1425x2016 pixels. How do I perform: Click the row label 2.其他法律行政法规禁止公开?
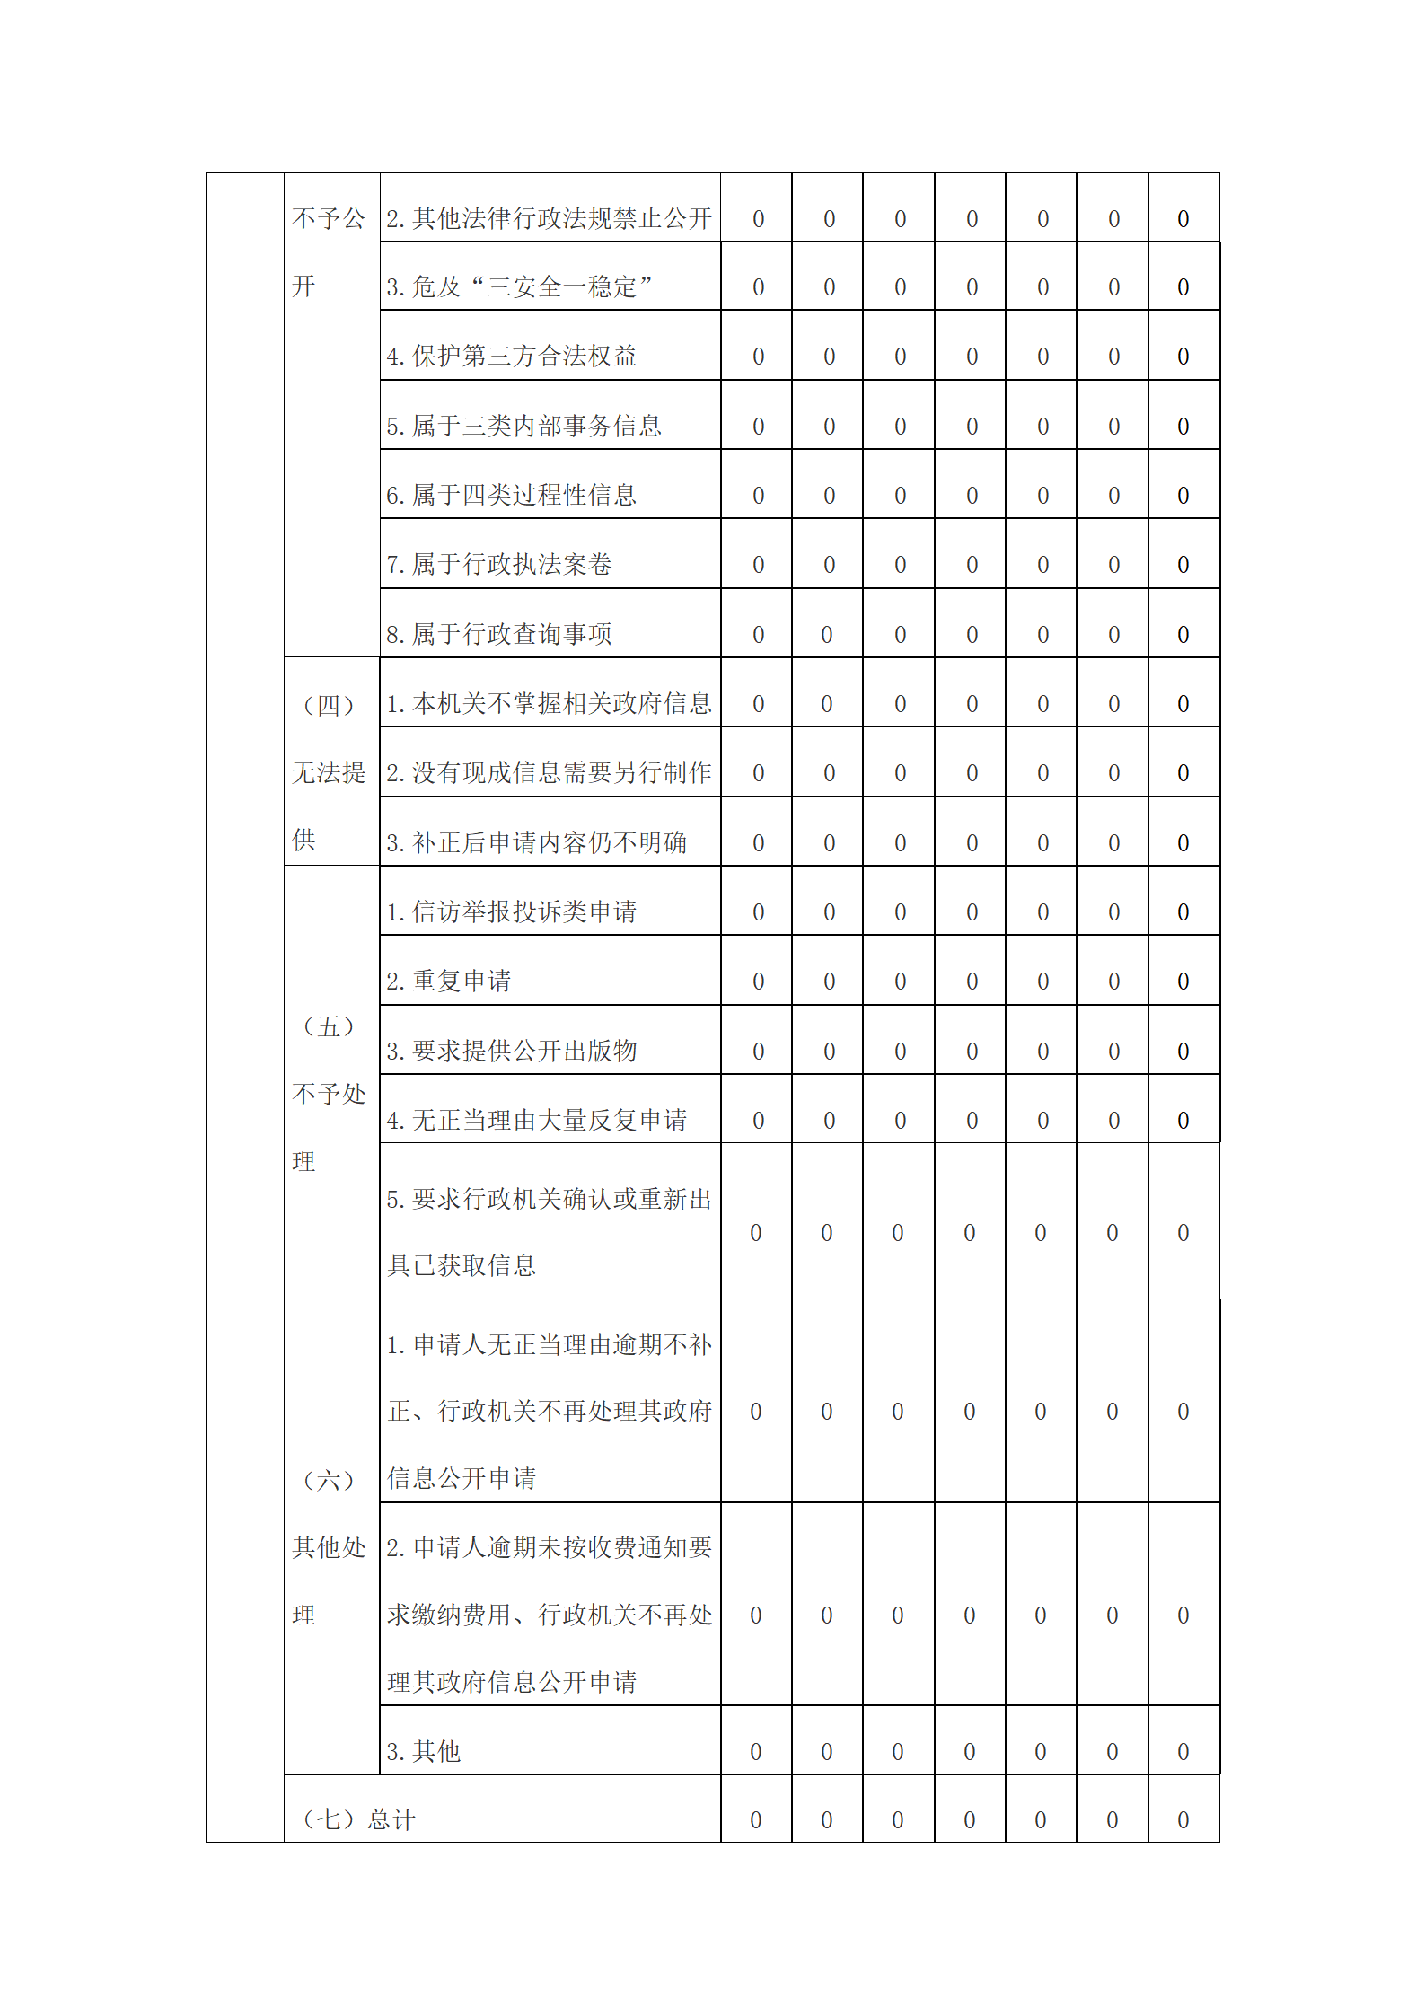(549, 218)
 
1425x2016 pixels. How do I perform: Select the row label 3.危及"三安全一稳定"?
(519, 287)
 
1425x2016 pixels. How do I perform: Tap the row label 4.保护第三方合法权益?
(511, 357)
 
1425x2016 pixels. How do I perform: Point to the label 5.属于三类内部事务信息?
(523, 426)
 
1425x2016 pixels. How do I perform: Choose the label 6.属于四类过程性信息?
(511, 495)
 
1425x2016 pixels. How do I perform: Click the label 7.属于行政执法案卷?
(498, 564)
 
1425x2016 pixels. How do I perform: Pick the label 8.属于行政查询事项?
(498, 634)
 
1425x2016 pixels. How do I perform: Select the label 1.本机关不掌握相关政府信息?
(549, 703)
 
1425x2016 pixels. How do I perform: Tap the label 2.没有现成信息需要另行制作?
(549, 772)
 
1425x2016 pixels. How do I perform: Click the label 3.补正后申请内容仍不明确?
(536, 842)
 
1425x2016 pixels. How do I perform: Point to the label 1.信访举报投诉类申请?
(511, 911)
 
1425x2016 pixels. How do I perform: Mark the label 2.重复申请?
(448, 981)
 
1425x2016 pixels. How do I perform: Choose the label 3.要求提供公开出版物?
(511, 1051)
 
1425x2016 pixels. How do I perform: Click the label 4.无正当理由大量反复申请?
(536, 1120)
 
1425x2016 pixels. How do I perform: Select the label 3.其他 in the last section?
(423, 1751)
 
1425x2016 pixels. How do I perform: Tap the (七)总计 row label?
(358, 1820)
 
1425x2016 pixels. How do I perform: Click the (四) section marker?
(330, 705)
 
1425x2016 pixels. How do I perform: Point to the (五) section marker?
(330, 1026)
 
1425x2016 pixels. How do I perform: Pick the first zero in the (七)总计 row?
(756, 1820)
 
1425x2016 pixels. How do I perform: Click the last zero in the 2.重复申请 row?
(1183, 982)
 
